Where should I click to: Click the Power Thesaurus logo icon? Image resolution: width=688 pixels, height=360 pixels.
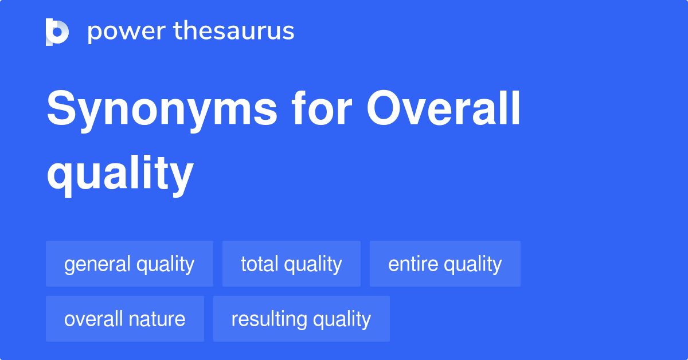click(57, 32)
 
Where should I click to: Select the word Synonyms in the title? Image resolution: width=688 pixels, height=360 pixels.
click(162, 110)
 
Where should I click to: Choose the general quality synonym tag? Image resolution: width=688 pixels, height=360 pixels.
click(130, 264)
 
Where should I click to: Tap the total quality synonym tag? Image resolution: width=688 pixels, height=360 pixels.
click(291, 264)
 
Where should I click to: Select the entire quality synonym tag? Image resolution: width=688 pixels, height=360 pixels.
click(445, 264)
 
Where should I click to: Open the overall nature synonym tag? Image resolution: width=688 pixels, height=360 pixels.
click(125, 319)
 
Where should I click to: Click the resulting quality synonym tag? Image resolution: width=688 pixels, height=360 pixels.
click(302, 319)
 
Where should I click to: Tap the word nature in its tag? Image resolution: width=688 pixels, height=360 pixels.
click(159, 319)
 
